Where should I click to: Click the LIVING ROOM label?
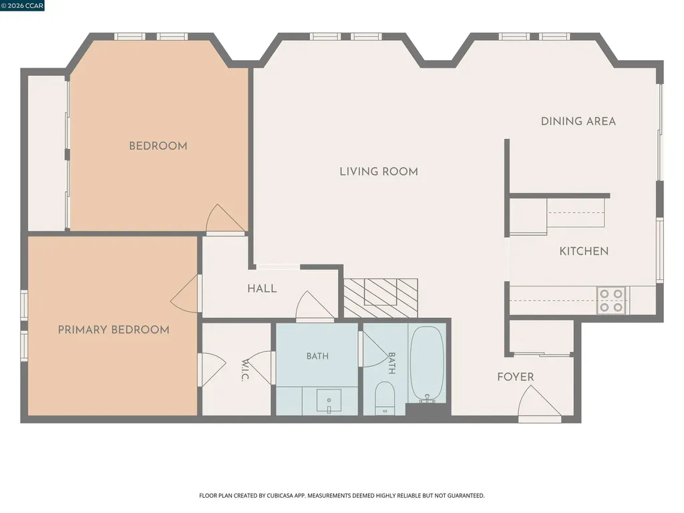[x=379, y=172]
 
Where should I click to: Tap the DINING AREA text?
[x=578, y=122]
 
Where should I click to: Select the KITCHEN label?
[x=584, y=251]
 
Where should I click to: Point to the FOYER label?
[x=516, y=377]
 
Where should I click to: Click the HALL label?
[x=262, y=289]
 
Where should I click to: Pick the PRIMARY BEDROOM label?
[x=114, y=330]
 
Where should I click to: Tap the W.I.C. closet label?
[x=245, y=370]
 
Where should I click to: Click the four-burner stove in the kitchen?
[x=611, y=301]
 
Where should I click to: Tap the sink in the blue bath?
[x=329, y=401]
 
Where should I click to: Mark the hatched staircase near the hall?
[x=380, y=298]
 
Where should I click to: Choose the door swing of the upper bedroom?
[x=225, y=219]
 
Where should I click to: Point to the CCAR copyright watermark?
[x=22, y=5]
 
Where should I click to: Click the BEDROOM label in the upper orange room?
[x=158, y=146]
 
